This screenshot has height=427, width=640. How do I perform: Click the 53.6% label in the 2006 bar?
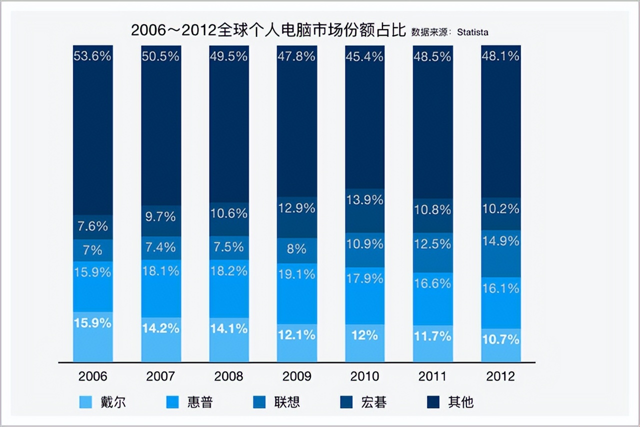coord(92,56)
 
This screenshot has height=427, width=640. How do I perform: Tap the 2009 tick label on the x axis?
coord(296,376)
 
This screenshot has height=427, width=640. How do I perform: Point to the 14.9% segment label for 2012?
coord(500,241)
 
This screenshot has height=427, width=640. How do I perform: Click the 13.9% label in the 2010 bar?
coord(364,200)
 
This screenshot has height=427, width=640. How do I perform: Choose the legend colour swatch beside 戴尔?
coord(85,402)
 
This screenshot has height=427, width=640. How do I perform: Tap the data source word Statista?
coord(472,32)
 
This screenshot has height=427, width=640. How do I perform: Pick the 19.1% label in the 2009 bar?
coord(296,274)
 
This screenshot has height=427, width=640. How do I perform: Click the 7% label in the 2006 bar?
coord(92,249)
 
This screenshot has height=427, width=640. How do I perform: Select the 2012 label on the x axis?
coord(500,376)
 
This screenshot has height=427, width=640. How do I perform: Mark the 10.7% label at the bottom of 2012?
coord(500,339)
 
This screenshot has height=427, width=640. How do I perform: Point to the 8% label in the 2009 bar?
coord(296,248)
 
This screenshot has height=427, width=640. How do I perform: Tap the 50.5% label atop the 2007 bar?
coord(160,56)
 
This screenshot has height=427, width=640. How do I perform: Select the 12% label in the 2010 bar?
coord(364,335)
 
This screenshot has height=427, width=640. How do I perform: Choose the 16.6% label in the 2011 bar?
coord(432,283)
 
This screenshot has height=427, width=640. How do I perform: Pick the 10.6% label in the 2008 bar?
coord(228,213)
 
